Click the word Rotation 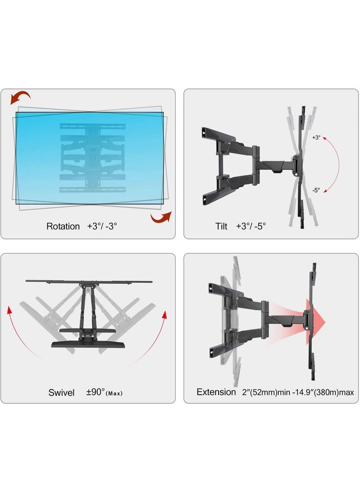[x=63, y=226]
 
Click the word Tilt [x=221, y=226]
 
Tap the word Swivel [x=62, y=393]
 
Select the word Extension [x=216, y=392]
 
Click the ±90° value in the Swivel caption [x=95, y=393]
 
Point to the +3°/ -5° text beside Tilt [x=251, y=226]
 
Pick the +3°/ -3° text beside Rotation [x=102, y=226]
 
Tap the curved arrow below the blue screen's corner [x=161, y=217]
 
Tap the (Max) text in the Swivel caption [x=114, y=394]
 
